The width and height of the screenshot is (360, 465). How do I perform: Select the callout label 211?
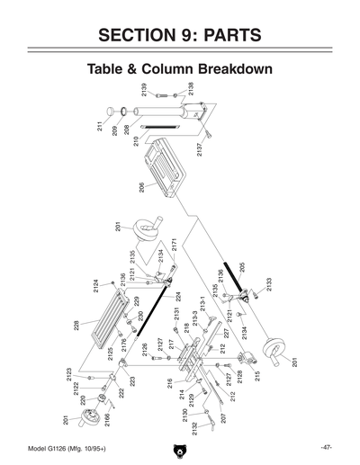pyautogui.click(x=100, y=126)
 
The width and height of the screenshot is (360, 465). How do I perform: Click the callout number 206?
pyautogui.click(x=141, y=187)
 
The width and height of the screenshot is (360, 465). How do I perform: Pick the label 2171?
pyautogui.click(x=174, y=245)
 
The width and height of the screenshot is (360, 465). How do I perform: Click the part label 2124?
pyautogui.click(x=96, y=286)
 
